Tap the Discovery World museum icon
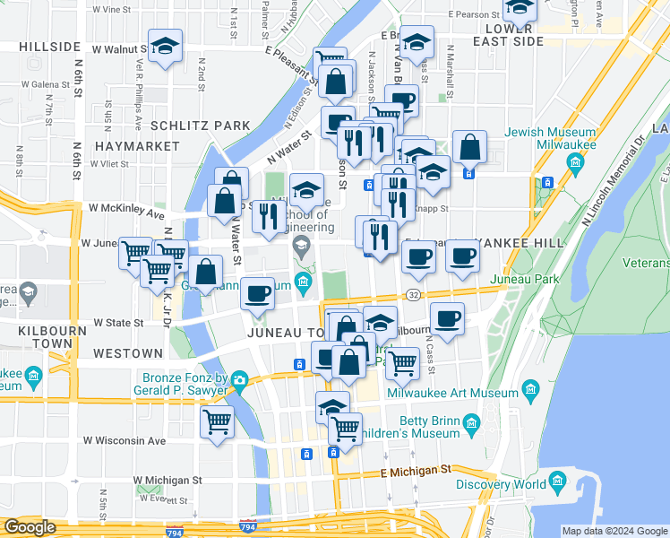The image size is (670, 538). point(557,483)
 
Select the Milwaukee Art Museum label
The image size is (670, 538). point(452,393)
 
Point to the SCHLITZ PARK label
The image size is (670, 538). point(201,125)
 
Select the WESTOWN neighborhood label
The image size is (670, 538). point(130,353)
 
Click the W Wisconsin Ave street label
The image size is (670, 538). point(125,440)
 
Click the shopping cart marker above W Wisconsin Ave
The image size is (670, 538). point(218,421)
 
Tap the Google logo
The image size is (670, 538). point(30,527)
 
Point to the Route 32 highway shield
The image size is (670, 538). point(413,295)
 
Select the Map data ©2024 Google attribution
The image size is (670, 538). point(614,531)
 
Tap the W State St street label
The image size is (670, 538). point(120,322)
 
